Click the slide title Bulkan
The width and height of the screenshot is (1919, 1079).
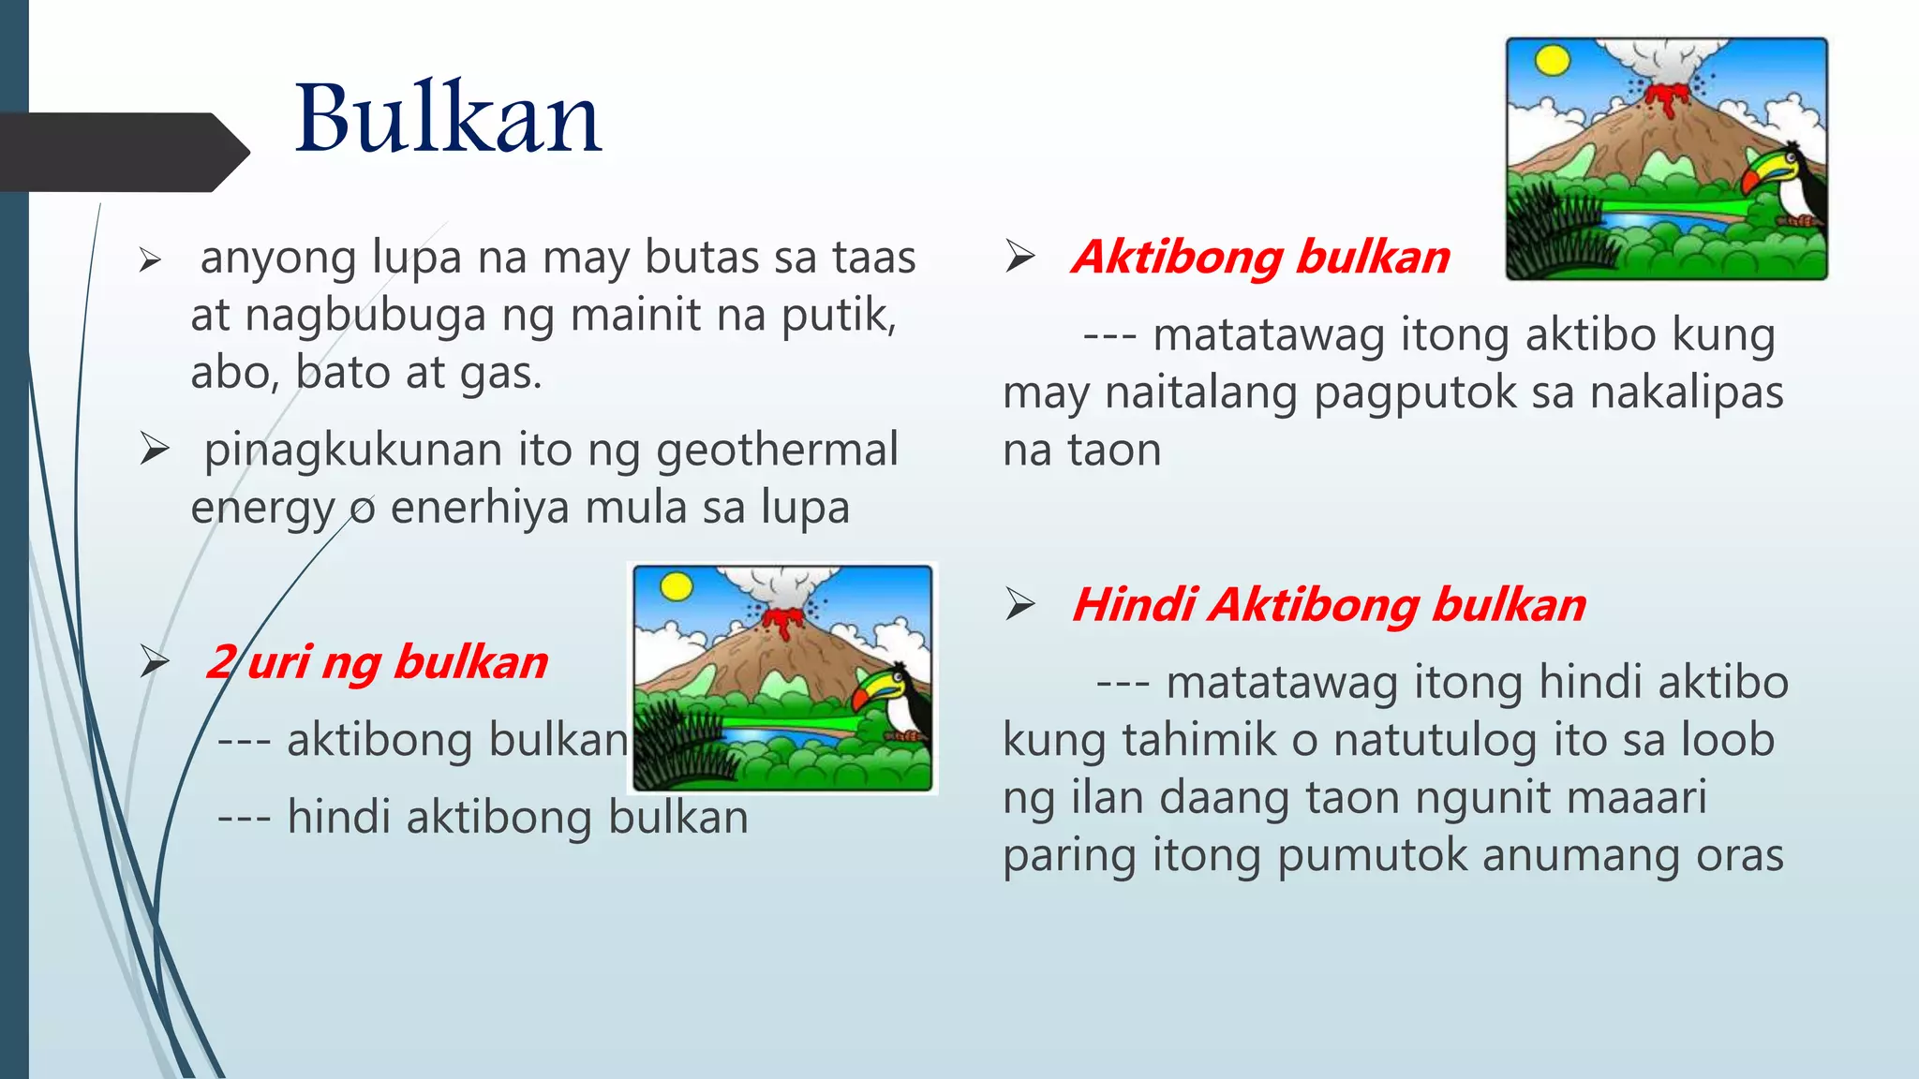[x=448, y=119]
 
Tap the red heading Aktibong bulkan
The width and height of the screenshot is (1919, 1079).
[x=1260, y=257]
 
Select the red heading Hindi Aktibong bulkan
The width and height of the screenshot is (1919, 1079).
[x=1329, y=604]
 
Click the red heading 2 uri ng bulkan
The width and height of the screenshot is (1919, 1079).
[x=377, y=662]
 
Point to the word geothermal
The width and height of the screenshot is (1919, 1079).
[x=777, y=450]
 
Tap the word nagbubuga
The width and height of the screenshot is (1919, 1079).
[x=365, y=316]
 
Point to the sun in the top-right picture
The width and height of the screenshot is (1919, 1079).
[x=1553, y=61]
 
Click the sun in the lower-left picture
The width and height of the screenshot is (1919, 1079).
[x=677, y=587]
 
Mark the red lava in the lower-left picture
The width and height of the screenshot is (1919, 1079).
[x=782, y=621]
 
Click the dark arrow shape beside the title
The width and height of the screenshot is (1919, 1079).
[x=122, y=152]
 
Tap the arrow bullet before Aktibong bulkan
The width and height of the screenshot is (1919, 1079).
[x=1019, y=256]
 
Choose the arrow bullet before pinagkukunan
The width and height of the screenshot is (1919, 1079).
[x=154, y=450]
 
